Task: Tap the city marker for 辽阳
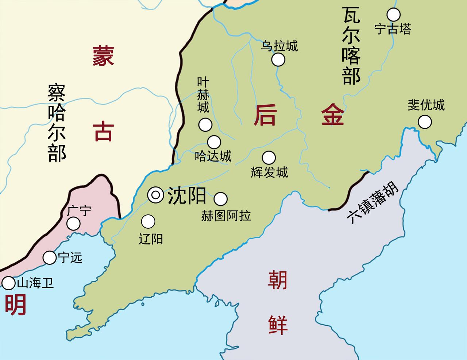[148, 221]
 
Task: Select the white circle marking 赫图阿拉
[220, 199]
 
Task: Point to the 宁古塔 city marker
[393, 15]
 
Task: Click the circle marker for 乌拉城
[278, 59]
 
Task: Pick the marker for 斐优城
[425, 122]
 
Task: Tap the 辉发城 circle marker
[269, 158]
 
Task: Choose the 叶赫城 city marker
[205, 125]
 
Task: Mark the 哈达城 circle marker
[214, 142]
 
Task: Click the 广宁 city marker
[74, 224]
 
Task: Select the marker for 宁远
[49, 258]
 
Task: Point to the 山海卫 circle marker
[8, 283]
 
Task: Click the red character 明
[15, 305]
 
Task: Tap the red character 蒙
[103, 56]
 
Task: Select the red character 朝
[278, 280]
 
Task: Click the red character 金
[332, 114]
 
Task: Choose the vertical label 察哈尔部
[57, 123]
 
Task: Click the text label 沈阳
[186, 196]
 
